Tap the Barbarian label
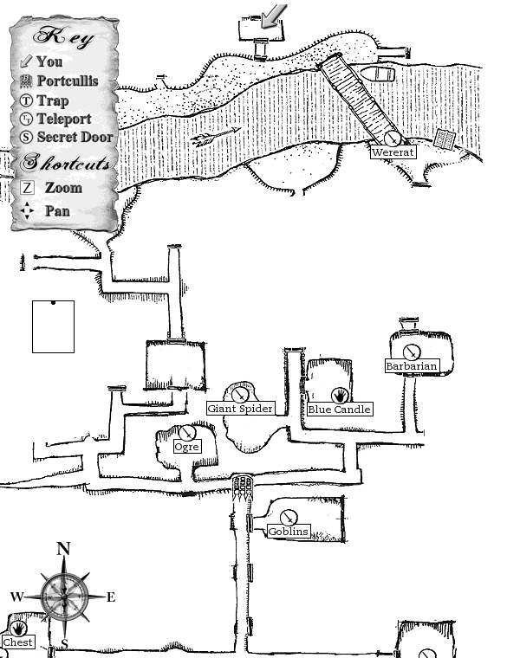coord(412,366)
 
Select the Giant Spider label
coord(241,409)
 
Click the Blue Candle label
coord(339,410)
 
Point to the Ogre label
coord(186,447)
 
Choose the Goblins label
coord(289,532)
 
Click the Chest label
coord(18,642)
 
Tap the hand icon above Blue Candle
coord(339,395)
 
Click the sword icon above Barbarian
coord(412,352)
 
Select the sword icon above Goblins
coord(289,518)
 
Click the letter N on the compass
coord(63,549)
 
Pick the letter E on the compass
coord(110,597)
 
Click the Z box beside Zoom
coord(28,188)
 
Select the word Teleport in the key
coord(63,119)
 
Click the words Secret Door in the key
coord(75,137)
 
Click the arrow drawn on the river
coord(216,137)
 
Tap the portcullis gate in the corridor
coord(243,484)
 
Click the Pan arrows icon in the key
coord(28,210)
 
